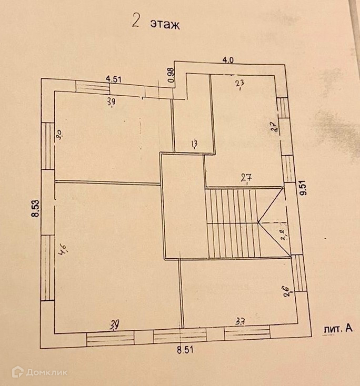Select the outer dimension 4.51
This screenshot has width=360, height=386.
pos(114,79)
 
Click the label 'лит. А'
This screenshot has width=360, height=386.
pos(336,329)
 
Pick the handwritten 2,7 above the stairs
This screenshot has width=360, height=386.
pos(246,178)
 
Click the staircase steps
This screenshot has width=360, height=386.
pos(232,224)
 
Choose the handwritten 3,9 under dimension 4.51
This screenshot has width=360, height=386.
pos(112,103)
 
